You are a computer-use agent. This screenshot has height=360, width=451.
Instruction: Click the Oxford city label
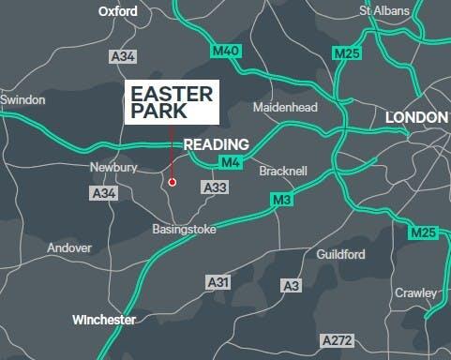click(118, 12)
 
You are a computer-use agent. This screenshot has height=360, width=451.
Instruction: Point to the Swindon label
click(23, 99)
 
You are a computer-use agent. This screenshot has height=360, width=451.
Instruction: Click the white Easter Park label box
click(173, 102)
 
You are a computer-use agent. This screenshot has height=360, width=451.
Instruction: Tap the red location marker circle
click(173, 182)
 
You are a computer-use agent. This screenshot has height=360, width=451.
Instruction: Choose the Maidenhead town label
click(286, 108)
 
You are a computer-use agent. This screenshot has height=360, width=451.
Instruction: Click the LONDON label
click(416, 117)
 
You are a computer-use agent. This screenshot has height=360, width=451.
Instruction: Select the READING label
click(217, 144)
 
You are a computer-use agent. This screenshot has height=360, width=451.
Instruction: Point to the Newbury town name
click(113, 168)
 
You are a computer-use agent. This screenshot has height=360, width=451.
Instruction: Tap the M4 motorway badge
click(231, 164)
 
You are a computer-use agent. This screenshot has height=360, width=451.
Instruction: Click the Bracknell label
click(282, 172)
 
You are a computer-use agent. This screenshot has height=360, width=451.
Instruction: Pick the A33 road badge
click(216, 188)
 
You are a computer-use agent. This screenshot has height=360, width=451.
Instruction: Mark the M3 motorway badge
click(282, 200)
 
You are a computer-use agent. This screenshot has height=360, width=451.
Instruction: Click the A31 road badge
click(218, 281)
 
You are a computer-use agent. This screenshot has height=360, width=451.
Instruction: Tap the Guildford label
click(339, 254)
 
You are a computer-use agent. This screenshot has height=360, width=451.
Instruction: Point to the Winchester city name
click(104, 320)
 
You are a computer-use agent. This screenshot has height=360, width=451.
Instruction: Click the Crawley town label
click(415, 293)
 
